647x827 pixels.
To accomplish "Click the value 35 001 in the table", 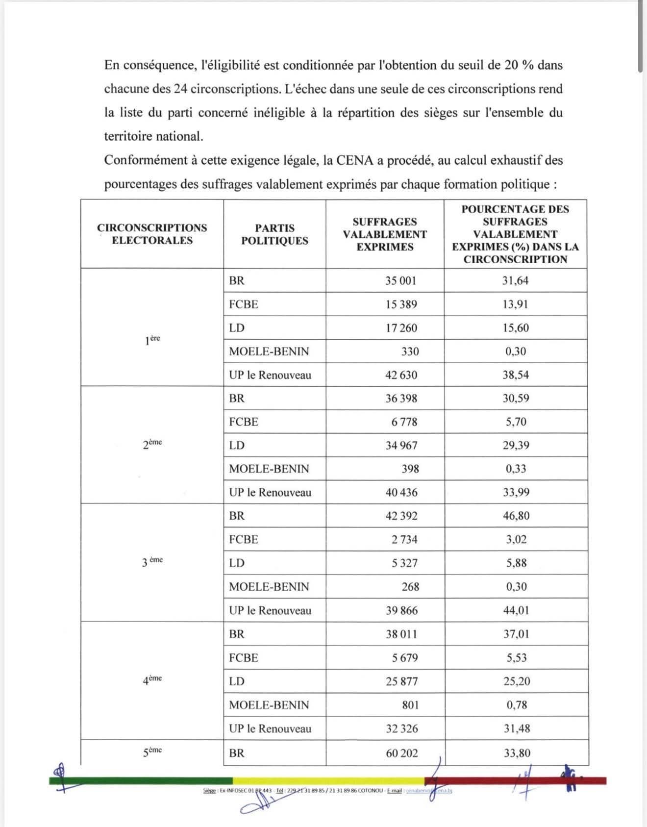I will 400,280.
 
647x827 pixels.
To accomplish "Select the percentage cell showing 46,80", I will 516,516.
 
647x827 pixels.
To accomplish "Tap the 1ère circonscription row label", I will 152,340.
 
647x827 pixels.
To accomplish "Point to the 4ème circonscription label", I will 152,680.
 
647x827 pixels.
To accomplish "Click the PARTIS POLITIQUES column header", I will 274,234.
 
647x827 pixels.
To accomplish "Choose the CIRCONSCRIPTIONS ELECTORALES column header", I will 152,234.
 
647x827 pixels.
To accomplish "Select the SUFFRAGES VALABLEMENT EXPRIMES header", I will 385,234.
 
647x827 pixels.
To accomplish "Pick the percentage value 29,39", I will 516,445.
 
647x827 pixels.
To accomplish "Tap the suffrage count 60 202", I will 401,753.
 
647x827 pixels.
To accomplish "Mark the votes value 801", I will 410,705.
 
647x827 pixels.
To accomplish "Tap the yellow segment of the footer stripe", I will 328,781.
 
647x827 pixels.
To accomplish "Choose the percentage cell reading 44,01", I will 516,610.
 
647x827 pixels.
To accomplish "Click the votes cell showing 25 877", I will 401,681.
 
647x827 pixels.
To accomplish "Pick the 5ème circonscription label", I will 152,752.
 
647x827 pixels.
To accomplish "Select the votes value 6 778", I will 404,422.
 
